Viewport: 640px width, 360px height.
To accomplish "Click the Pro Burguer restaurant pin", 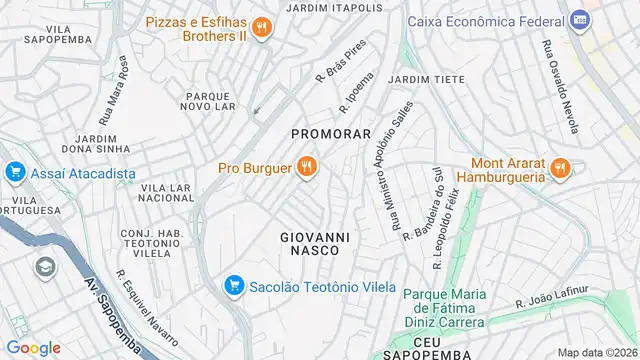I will coord(307,168).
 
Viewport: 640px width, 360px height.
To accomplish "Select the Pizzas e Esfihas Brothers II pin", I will coord(261,28).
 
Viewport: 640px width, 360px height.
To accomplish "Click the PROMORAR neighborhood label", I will coord(331,132).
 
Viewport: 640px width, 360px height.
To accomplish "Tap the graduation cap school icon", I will coord(44,267).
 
